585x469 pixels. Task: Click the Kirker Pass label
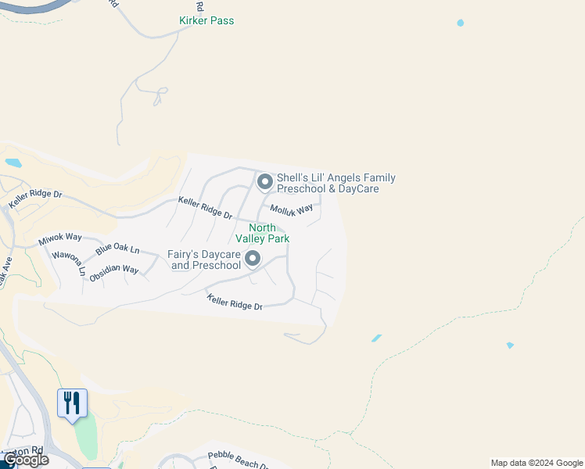tap(206, 20)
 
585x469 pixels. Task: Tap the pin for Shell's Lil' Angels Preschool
tap(264, 183)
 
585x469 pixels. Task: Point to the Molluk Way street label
tap(291, 209)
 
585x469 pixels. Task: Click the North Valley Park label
tap(268, 233)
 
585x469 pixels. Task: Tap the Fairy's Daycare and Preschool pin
tap(252, 259)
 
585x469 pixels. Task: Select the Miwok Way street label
tap(60, 237)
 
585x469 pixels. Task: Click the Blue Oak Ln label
tap(117, 250)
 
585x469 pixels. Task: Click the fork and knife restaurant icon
tap(72, 403)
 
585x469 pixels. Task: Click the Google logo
tap(26, 460)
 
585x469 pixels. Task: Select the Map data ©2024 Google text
tap(537, 463)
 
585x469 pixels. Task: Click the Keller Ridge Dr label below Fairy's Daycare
tap(235, 302)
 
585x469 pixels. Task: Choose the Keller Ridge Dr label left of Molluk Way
tap(205, 207)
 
